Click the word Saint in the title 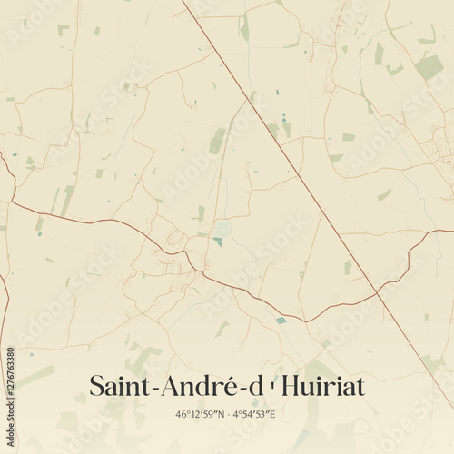(x=121, y=386)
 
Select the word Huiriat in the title (x=323, y=386)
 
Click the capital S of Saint (x=96, y=386)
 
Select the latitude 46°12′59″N (x=201, y=415)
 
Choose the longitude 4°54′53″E (x=254, y=415)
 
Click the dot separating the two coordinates (x=228, y=415)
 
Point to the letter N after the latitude (x=220, y=415)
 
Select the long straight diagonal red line (x=272, y=136)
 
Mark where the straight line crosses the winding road (x=376, y=292)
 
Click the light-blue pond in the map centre (x=222, y=228)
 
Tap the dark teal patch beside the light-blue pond (x=218, y=241)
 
